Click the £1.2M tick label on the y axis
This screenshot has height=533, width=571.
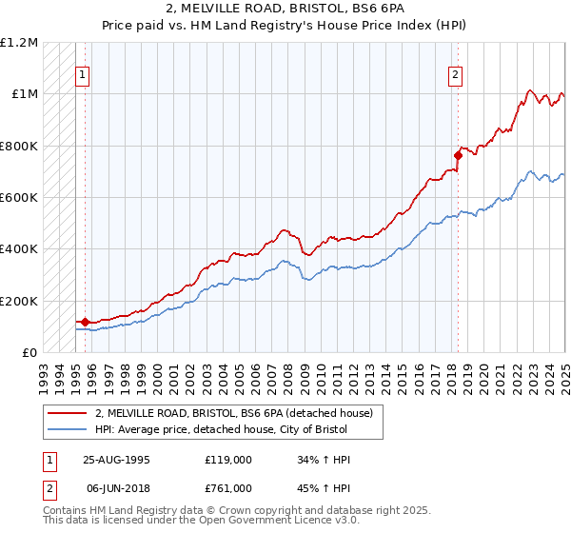19,42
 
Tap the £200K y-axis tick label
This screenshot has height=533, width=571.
19,301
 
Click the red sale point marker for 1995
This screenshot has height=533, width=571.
86,322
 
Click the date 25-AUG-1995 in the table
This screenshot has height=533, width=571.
117,460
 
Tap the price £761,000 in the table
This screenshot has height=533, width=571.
229,490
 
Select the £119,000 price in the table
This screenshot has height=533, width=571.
229,460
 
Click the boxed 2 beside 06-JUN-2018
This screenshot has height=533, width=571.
49,490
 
